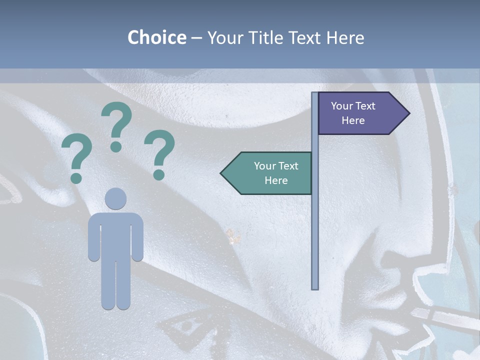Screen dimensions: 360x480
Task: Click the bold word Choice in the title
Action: (x=156, y=37)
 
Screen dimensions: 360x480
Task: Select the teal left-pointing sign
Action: (x=270, y=173)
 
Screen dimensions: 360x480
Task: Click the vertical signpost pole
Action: (x=315, y=225)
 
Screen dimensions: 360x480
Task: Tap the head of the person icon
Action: (x=115, y=198)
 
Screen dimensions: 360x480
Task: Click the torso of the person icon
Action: (x=115, y=235)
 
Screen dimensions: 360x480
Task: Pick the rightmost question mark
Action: (x=159, y=150)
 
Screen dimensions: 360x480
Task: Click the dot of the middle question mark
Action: (x=116, y=146)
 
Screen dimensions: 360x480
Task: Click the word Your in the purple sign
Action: (x=342, y=106)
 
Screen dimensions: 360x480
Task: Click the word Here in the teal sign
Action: (x=276, y=180)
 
